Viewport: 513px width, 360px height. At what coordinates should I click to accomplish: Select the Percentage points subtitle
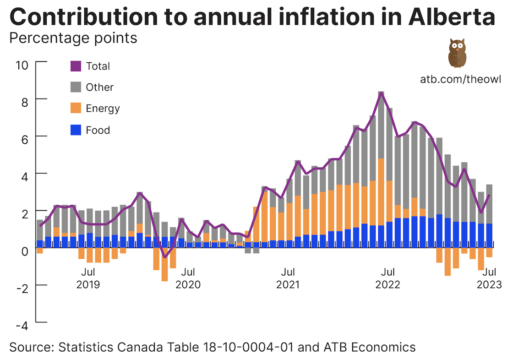(73, 38)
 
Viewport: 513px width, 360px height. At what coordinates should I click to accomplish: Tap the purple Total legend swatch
(76, 66)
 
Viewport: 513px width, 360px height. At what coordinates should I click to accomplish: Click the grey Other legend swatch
(76, 87)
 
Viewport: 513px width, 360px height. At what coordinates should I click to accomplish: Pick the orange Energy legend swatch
(76, 109)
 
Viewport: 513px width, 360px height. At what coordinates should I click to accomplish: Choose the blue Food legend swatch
(76, 130)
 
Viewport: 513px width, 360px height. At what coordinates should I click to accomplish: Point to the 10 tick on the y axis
(22, 65)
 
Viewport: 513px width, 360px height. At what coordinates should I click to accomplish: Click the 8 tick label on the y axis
(25, 101)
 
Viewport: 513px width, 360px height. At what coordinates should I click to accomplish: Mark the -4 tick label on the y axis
(22, 325)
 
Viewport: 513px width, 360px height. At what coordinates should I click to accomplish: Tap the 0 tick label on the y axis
(25, 251)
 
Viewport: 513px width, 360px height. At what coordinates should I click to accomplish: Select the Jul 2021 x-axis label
(288, 278)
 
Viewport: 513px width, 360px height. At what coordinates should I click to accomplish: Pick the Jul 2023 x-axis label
(489, 278)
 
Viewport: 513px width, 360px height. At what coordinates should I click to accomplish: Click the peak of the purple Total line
(381, 93)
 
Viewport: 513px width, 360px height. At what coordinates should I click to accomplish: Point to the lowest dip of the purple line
(165, 257)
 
